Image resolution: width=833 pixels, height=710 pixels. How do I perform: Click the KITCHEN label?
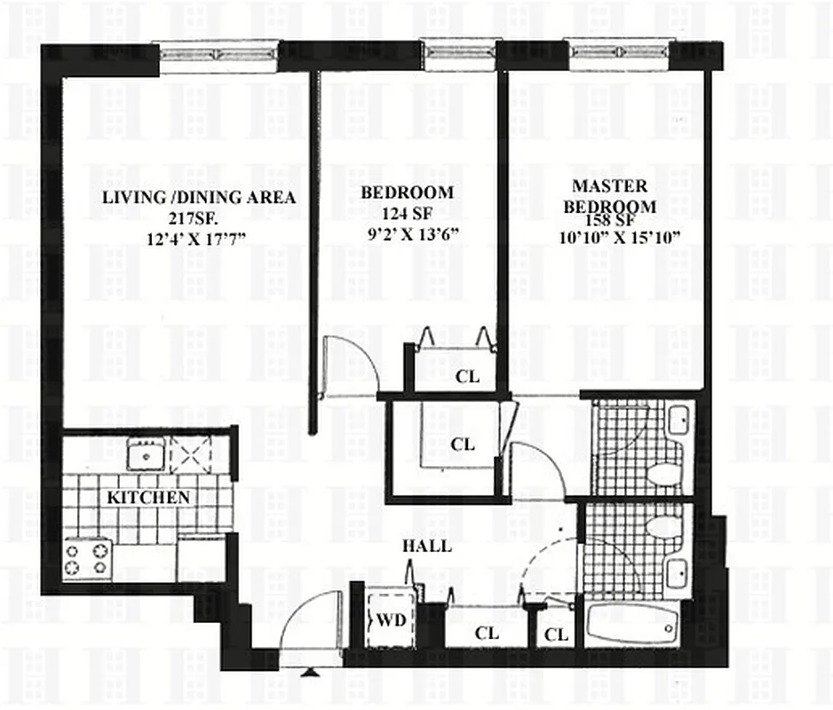click(x=148, y=498)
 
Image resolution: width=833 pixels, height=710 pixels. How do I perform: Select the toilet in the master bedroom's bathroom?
click(x=662, y=473)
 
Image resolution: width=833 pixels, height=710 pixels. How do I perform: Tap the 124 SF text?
click(x=406, y=214)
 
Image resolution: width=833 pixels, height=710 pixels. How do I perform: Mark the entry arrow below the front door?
click(x=309, y=673)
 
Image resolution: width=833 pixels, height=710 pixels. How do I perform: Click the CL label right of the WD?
click(x=487, y=633)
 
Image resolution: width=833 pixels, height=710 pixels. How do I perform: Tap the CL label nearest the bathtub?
click(x=556, y=635)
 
